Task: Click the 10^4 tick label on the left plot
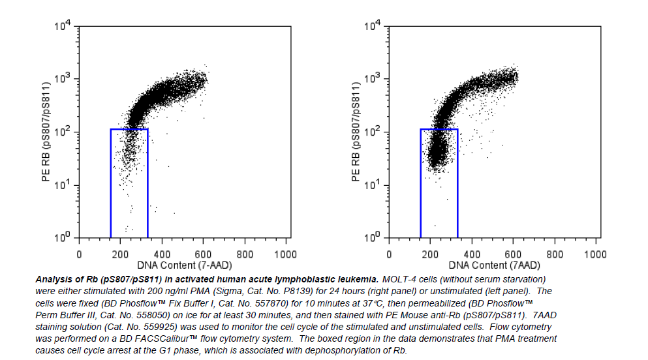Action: (x=64, y=27)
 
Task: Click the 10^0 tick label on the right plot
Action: (x=374, y=238)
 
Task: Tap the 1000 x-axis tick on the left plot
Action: (x=286, y=254)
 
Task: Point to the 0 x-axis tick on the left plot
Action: (x=80, y=254)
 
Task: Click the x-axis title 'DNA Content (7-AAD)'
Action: (x=184, y=265)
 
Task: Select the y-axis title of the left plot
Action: (x=46, y=132)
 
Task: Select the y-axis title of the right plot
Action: (x=356, y=132)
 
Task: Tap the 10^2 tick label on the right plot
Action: (x=374, y=132)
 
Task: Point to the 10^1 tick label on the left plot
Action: (x=64, y=185)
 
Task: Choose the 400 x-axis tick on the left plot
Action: (x=162, y=254)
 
